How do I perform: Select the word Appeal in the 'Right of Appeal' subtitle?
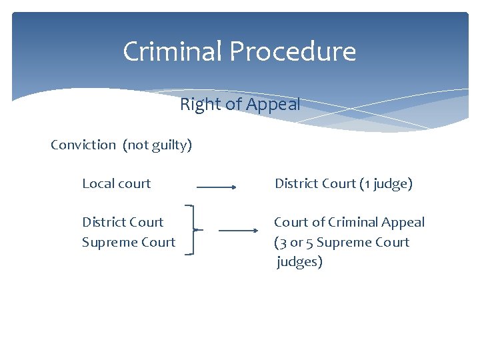click(x=273, y=105)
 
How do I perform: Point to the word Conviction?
click(x=83, y=145)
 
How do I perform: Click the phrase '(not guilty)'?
click(x=157, y=145)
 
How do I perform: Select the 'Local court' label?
click(x=117, y=183)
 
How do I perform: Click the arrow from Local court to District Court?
click(x=217, y=187)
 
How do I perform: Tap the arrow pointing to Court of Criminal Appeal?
click(x=238, y=231)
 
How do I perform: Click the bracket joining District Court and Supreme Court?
click(x=192, y=230)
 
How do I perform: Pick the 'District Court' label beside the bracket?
click(x=123, y=222)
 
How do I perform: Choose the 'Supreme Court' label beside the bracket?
click(x=129, y=242)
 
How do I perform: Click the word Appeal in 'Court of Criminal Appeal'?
click(x=403, y=223)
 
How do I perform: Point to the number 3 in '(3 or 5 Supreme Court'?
click(x=282, y=242)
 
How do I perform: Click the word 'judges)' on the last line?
click(x=299, y=262)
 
